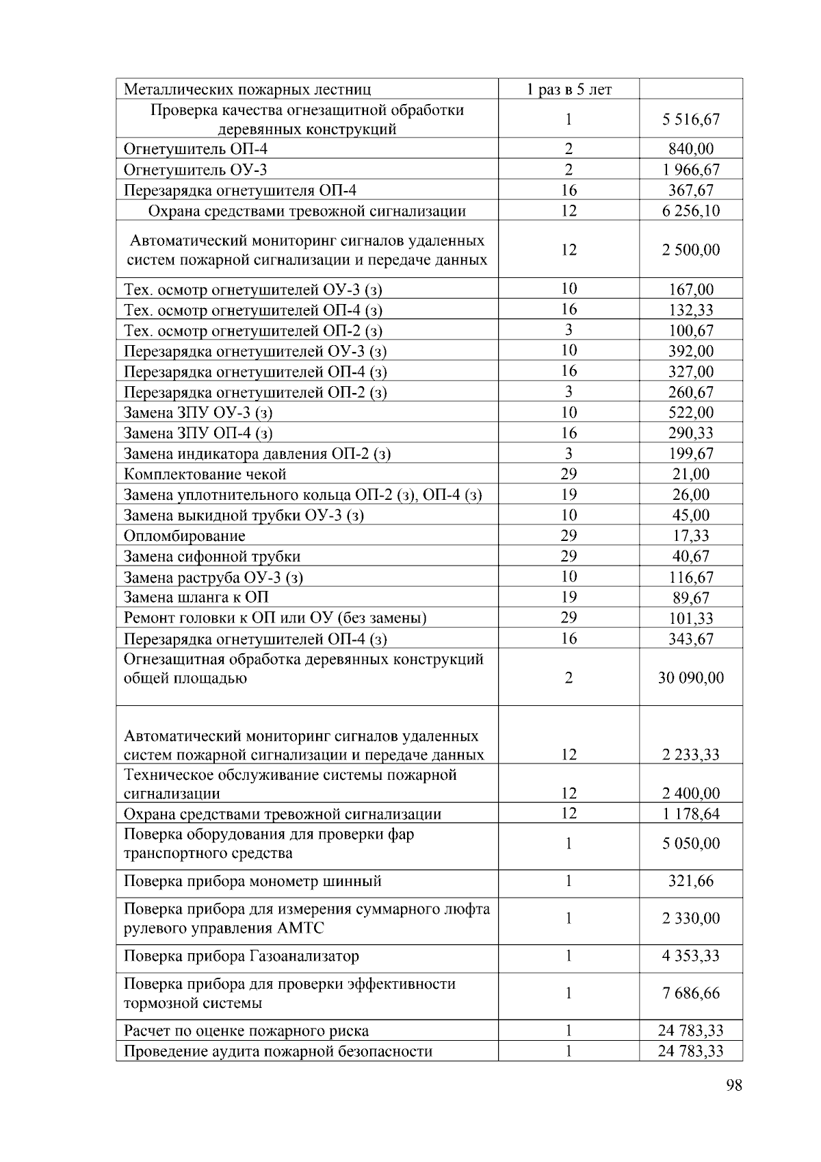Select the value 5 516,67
click(x=691, y=119)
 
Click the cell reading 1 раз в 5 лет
click(x=569, y=89)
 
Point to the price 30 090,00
click(x=691, y=678)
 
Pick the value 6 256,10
click(x=691, y=211)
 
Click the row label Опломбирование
click(x=184, y=535)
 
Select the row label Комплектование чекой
click(x=205, y=474)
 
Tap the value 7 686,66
click(x=691, y=993)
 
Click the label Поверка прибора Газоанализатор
click(x=241, y=956)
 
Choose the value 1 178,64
click(x=691, y=814)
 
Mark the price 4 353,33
click(x=691, y=956)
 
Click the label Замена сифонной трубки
click(x=211, y=556)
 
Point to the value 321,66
click(x=691, y=881)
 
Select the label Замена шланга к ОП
click(x=196, y=597)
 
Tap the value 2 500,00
click(x=691, y=250)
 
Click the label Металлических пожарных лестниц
click(x=247, y=89)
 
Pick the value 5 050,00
click(x=691, y=844)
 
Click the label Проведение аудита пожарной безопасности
click(x=278, y=1051)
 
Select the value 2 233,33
click(x=691, y=755)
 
